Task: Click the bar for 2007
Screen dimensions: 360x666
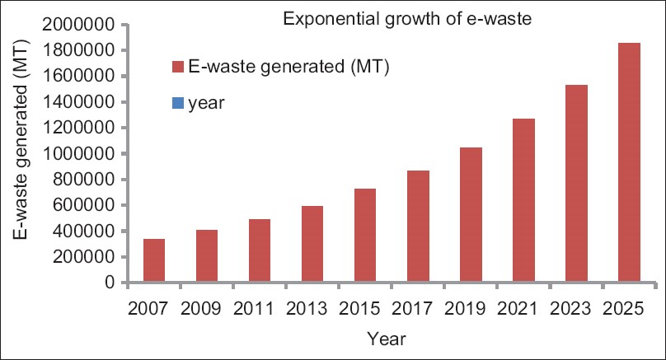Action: tap(154, 260)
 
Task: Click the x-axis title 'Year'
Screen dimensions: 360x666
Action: tap(388, 338)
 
